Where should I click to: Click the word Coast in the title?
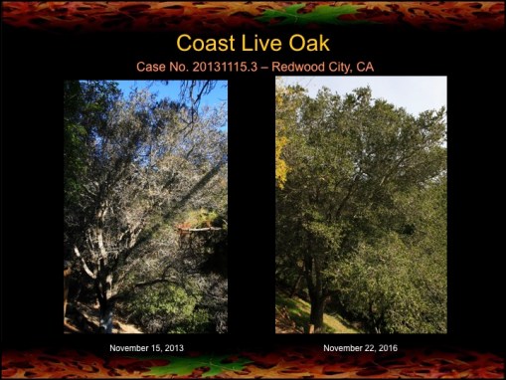click(206, 44)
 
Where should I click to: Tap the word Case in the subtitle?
click(151, 67)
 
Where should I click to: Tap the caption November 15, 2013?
click(146, 348)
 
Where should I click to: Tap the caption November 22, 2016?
click(361, 348)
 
